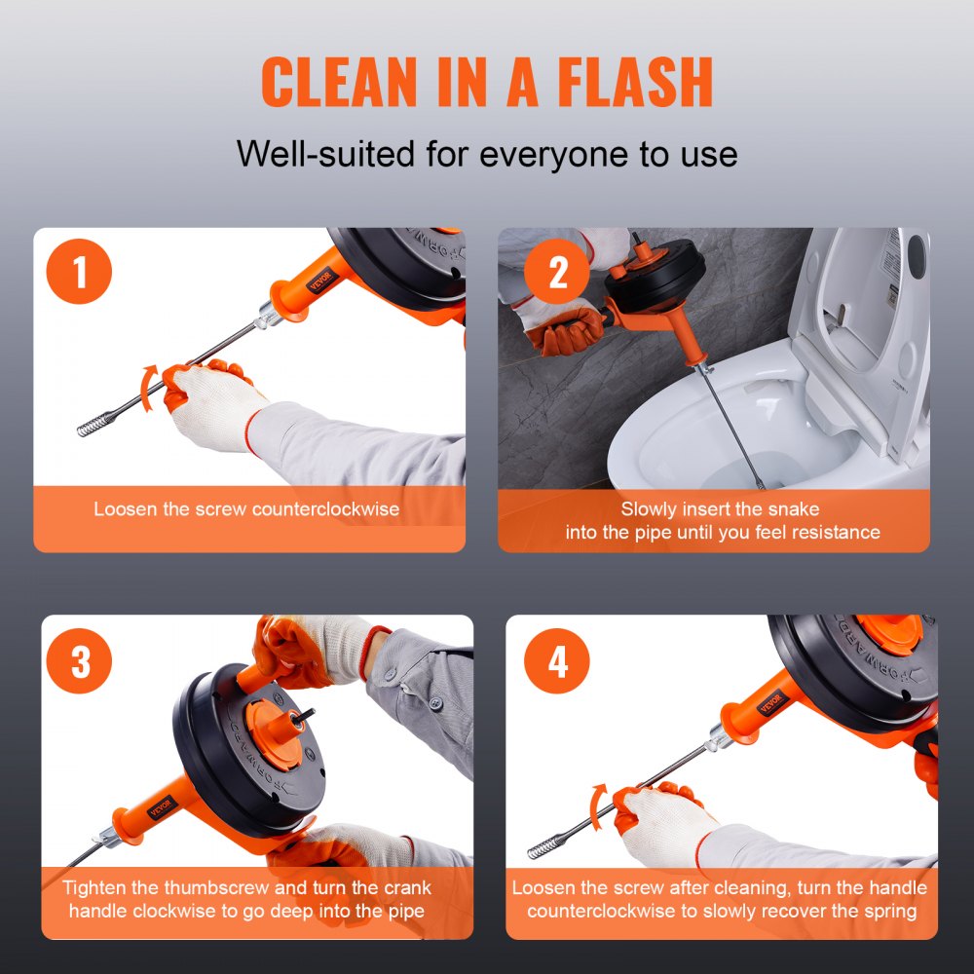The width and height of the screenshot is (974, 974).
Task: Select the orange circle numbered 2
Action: click(x=557, y=274)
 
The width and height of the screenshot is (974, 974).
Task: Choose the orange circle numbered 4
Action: click(x=557, y=662)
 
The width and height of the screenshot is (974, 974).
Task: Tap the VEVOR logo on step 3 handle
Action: click(x=160, y=802)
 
